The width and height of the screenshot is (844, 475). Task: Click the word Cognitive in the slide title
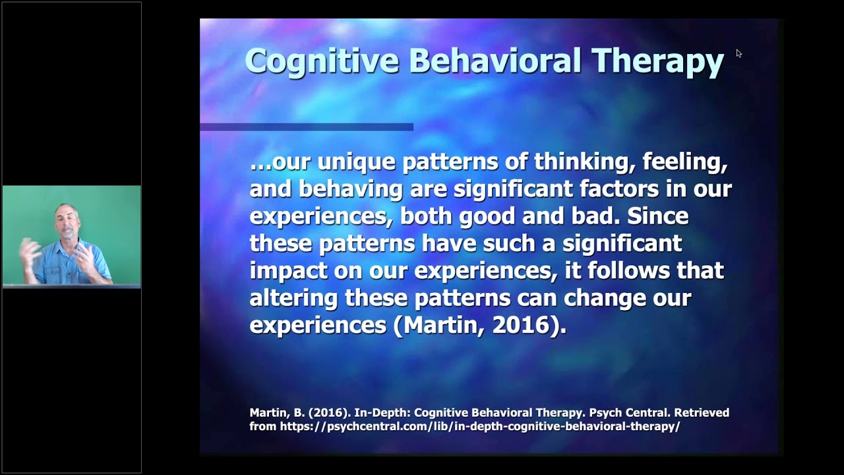click(x=322, y=61)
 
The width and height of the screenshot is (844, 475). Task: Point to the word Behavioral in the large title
click(x=495, y=61)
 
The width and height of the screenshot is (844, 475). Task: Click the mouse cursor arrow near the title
click(x=738, y=53)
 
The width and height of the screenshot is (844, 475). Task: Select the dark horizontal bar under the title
click(x=307, y=127)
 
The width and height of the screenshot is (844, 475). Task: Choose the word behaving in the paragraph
click(x=351, y=189)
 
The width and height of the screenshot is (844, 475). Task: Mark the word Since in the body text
click(x=657, y=216)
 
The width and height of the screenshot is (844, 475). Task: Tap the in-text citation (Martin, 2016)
click(x=479, y=325)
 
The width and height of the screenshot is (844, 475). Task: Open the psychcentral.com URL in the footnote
click(x=479, y=426)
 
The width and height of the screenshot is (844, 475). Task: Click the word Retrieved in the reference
click(x=701, y=412)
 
